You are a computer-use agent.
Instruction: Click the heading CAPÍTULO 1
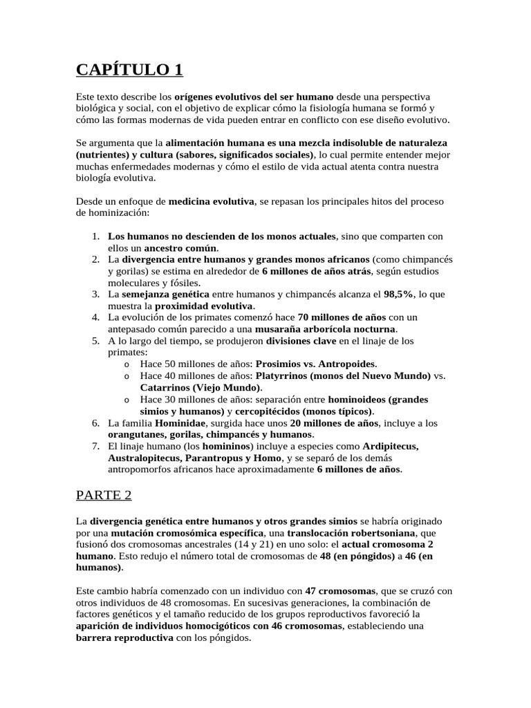(x=129, y=70)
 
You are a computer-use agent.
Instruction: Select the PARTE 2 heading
(x=103, y=495)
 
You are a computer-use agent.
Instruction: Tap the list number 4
(x=96, y=317)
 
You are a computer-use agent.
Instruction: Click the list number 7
(x=96, y=446)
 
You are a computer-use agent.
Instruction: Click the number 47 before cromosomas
(x=312, y=591)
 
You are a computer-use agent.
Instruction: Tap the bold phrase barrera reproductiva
(x=124, y=638)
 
